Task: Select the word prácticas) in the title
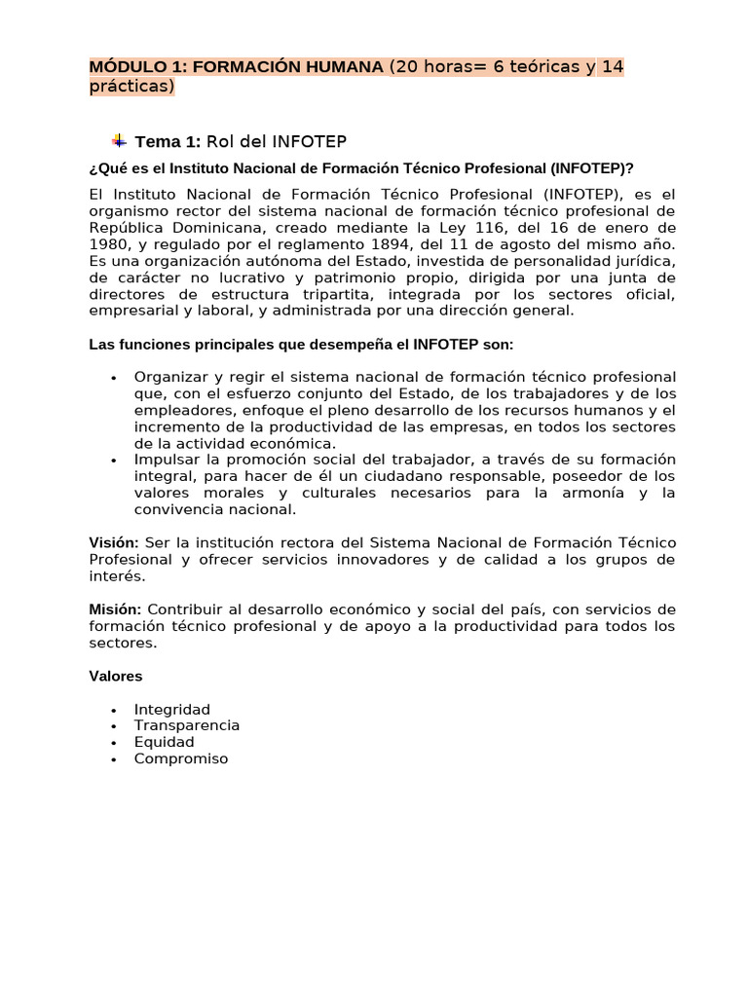pyautogui.click(x=131, y=86)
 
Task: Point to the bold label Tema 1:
pyautogui.click(x=168, y=142)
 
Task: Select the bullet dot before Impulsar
pyautogui.click(x=114, y=460)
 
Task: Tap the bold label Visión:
pyautogui.click(x=115, y=542)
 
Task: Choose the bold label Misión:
pyautogui.click(x=116, y=609)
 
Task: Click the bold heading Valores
pyautogui.click(x=116, y=676)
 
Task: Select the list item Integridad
pyautogui.click(x=172, y=710)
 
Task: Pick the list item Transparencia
pyautogui.click(x=187, y=725)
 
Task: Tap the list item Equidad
pyautogui.click(x=165, y=742)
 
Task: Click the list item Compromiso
pyautogui.click(x=181, y=758)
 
